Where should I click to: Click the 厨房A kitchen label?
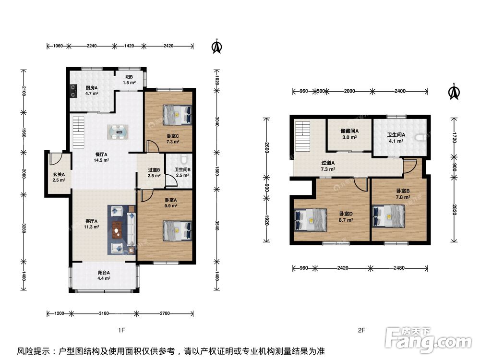92,90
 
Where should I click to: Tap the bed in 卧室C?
177,115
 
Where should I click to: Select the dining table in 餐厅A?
118,132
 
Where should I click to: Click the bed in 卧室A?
177,230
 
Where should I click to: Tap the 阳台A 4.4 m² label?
104,276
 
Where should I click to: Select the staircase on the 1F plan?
78,132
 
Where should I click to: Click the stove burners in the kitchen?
73,91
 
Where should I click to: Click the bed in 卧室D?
310,219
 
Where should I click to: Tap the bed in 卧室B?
388,216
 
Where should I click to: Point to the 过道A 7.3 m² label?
327,166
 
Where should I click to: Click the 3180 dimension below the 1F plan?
104,313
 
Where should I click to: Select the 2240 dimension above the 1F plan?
92,46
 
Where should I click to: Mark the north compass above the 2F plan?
454,92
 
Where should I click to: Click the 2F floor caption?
361,330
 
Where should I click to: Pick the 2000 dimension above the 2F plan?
349,91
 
